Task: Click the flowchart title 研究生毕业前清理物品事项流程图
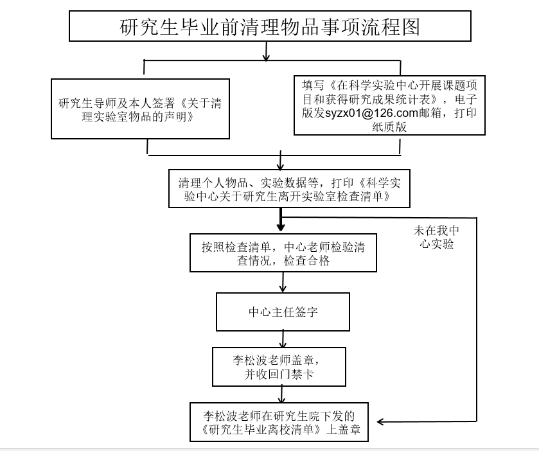pyautogui.click(x=269, y=27)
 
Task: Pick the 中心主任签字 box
pyautogui.click(x=283, y=312)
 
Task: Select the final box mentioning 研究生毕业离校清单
pyautogui.click(x=280, y=421)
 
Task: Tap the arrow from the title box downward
pyautogui.click(x=266, y=54)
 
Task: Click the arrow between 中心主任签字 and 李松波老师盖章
pyautogui.click(x=282, y=339)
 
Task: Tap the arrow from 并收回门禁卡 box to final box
pyautogui.click(x=281, y=394)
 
